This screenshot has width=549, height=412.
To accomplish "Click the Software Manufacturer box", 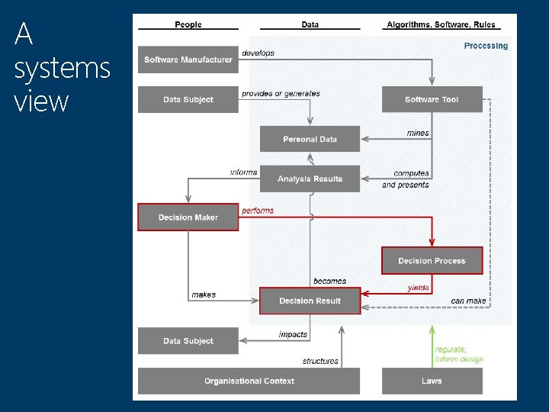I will point(188,60).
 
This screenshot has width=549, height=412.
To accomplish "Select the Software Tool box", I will point(432,100).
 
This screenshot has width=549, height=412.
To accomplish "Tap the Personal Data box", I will point(310,140).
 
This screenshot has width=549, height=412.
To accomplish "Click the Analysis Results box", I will point(310,179).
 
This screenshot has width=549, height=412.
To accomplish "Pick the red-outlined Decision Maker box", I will point(188,217).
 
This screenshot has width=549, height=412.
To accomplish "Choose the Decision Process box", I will point(432,261).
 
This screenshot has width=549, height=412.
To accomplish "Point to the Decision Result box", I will point(310,301).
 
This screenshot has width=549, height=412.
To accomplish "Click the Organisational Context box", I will point(249,381).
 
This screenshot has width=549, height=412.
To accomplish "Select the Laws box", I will point(432,381).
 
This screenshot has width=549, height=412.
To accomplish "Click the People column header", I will point(188,24).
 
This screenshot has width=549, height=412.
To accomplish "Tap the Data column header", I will point(310,24).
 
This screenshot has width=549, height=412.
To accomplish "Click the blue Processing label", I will point(486,46).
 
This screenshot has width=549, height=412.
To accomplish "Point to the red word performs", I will point(258,211).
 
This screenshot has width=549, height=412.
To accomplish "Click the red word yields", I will point(419,288).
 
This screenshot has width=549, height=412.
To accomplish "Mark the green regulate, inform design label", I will point(459,354).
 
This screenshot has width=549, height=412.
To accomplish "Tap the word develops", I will point(258,53).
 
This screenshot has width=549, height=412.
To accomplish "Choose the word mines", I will point(418,133).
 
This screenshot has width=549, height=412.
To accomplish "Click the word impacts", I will point(293,334).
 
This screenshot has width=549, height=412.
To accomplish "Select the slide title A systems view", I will point(62,67).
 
